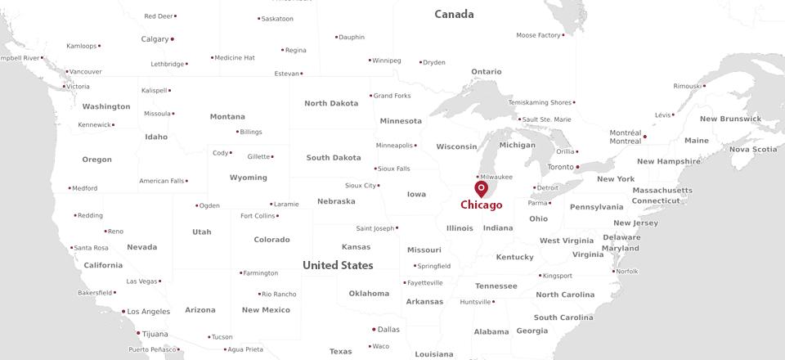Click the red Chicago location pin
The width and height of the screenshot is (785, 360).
point(481,188)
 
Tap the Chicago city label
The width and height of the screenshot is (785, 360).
point(482,205)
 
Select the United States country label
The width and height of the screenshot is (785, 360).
point(338,265)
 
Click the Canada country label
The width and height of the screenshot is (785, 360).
point(454,14)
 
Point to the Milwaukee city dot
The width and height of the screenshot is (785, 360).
point(478,177)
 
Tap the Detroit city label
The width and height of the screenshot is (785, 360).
point(548,188)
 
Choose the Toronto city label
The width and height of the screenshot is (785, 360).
point(561,167)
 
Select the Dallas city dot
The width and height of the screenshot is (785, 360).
point(374,330)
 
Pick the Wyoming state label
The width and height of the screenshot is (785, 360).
point(248,178)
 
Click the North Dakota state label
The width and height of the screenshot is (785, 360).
point(331,103)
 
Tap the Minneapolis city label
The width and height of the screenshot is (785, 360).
point(395,146)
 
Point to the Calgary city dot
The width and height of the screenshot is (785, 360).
point(172,39)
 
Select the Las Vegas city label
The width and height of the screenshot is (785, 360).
point(141,281)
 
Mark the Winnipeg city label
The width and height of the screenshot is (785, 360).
point(386,61)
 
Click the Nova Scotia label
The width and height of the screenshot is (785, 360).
point(753,150)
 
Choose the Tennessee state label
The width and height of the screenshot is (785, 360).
point(496,286)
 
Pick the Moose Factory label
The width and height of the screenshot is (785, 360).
point(538,35)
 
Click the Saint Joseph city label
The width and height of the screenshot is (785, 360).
point(375,228)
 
